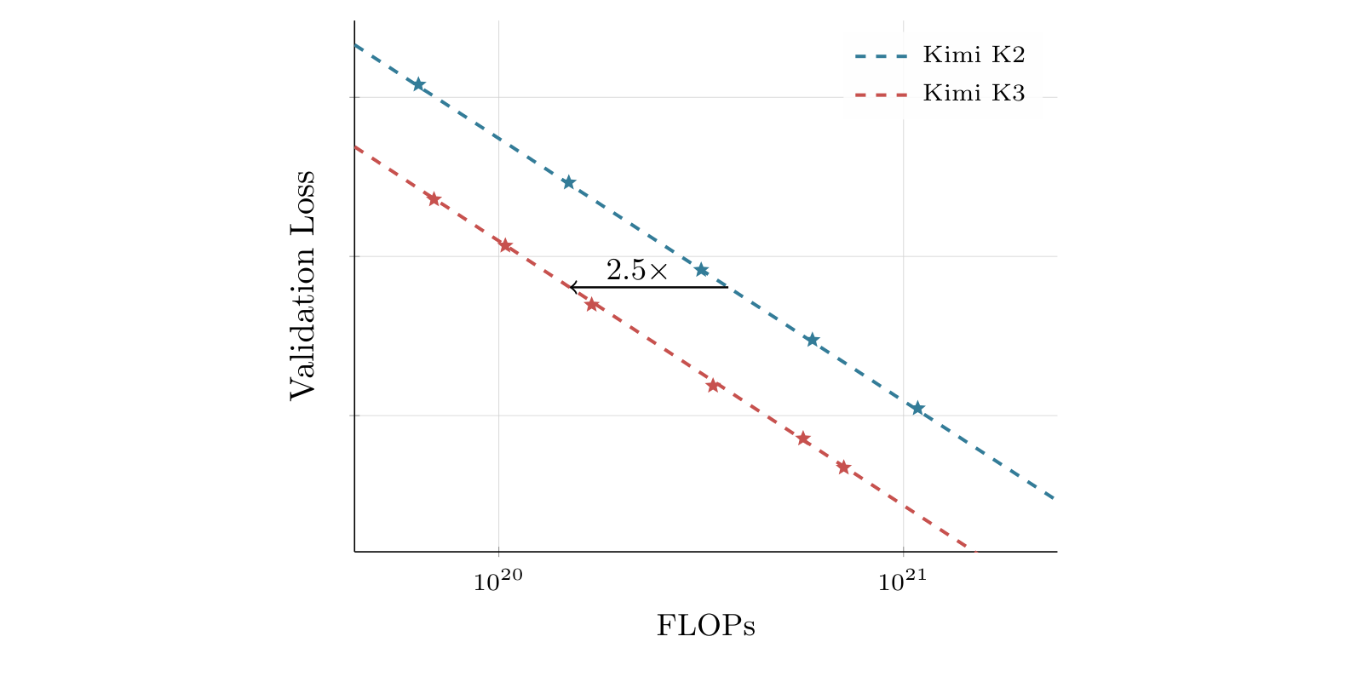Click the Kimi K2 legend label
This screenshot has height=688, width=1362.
click(974, 54)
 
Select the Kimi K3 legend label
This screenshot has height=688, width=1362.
click(974, 93)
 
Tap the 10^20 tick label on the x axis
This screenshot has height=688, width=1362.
click(498, 580)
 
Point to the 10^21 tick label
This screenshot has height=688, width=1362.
click(902, 580)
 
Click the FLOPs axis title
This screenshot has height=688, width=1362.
click(705, 625)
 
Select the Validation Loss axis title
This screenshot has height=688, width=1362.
click(302, 285)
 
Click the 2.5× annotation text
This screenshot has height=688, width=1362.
click(636, 271)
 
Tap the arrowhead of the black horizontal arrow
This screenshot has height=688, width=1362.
click(571, 287)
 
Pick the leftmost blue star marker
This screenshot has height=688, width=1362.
click(418, 84)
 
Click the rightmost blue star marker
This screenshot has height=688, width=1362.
click(917, 408)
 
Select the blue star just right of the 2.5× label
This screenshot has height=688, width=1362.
click(702, 270)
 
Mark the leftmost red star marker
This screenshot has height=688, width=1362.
click(434, 198)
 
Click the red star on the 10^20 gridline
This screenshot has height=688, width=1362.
click(505, 245)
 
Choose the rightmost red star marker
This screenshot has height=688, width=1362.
click(842, 467)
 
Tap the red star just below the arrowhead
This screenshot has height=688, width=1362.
click(592, 305)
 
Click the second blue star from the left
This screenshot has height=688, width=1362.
click(568, 182)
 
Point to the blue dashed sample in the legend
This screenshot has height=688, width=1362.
click(881, 56)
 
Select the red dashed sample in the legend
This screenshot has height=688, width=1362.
click(881, 95)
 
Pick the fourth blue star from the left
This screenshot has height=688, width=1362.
click(813, 340)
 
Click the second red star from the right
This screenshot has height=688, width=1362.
click(803, 439)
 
